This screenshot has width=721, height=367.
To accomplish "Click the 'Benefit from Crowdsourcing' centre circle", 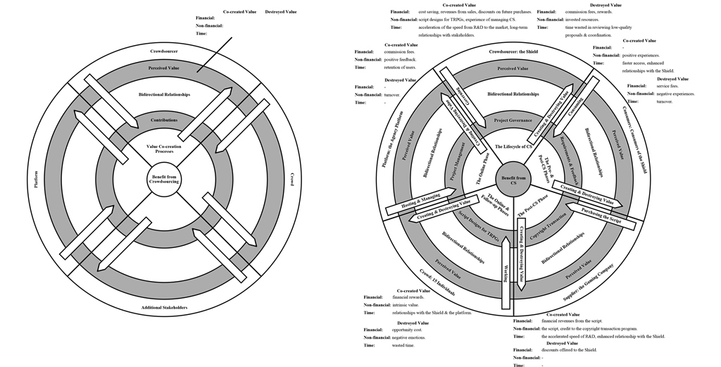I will [164, 179].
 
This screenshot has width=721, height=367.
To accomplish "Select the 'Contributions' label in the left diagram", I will [164, 120].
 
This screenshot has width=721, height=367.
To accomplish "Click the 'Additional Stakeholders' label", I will [163, 308].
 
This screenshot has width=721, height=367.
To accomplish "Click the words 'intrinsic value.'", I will [406, 305].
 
